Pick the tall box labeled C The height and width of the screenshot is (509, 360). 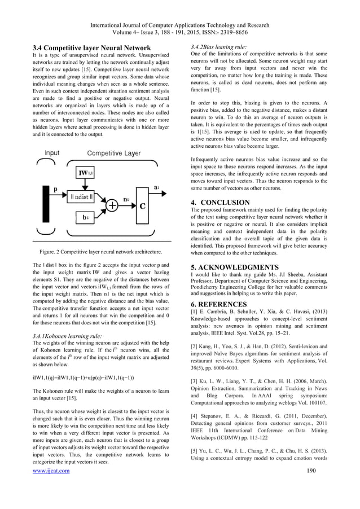click(x=143, y=207)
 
